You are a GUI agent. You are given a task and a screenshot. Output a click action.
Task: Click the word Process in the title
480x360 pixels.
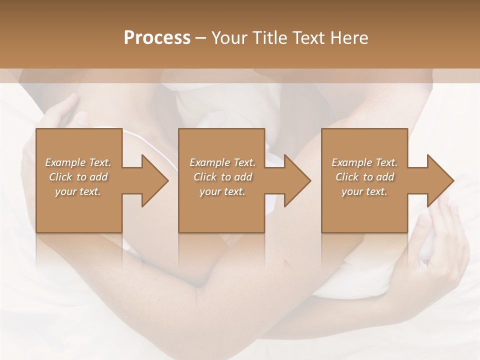pos(157,38)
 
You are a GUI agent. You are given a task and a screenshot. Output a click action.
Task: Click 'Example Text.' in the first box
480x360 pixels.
pos(78,162)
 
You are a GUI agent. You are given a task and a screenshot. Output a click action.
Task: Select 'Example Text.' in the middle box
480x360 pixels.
pos(222,162)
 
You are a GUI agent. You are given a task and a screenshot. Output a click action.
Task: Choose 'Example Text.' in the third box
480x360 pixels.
pos(364,162)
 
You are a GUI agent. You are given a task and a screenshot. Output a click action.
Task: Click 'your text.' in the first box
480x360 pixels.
pos(78,191)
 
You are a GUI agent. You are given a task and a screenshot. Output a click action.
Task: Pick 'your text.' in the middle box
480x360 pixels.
pos(222,191)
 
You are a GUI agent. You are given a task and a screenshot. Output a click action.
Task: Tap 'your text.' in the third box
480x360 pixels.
pos(364,191)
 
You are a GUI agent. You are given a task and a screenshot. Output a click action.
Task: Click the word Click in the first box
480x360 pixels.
pos(60,177)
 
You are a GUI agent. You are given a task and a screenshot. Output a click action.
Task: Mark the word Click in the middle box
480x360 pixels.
pos(205,177)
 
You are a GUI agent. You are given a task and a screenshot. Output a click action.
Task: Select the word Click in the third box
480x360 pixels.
pos(347,177)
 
